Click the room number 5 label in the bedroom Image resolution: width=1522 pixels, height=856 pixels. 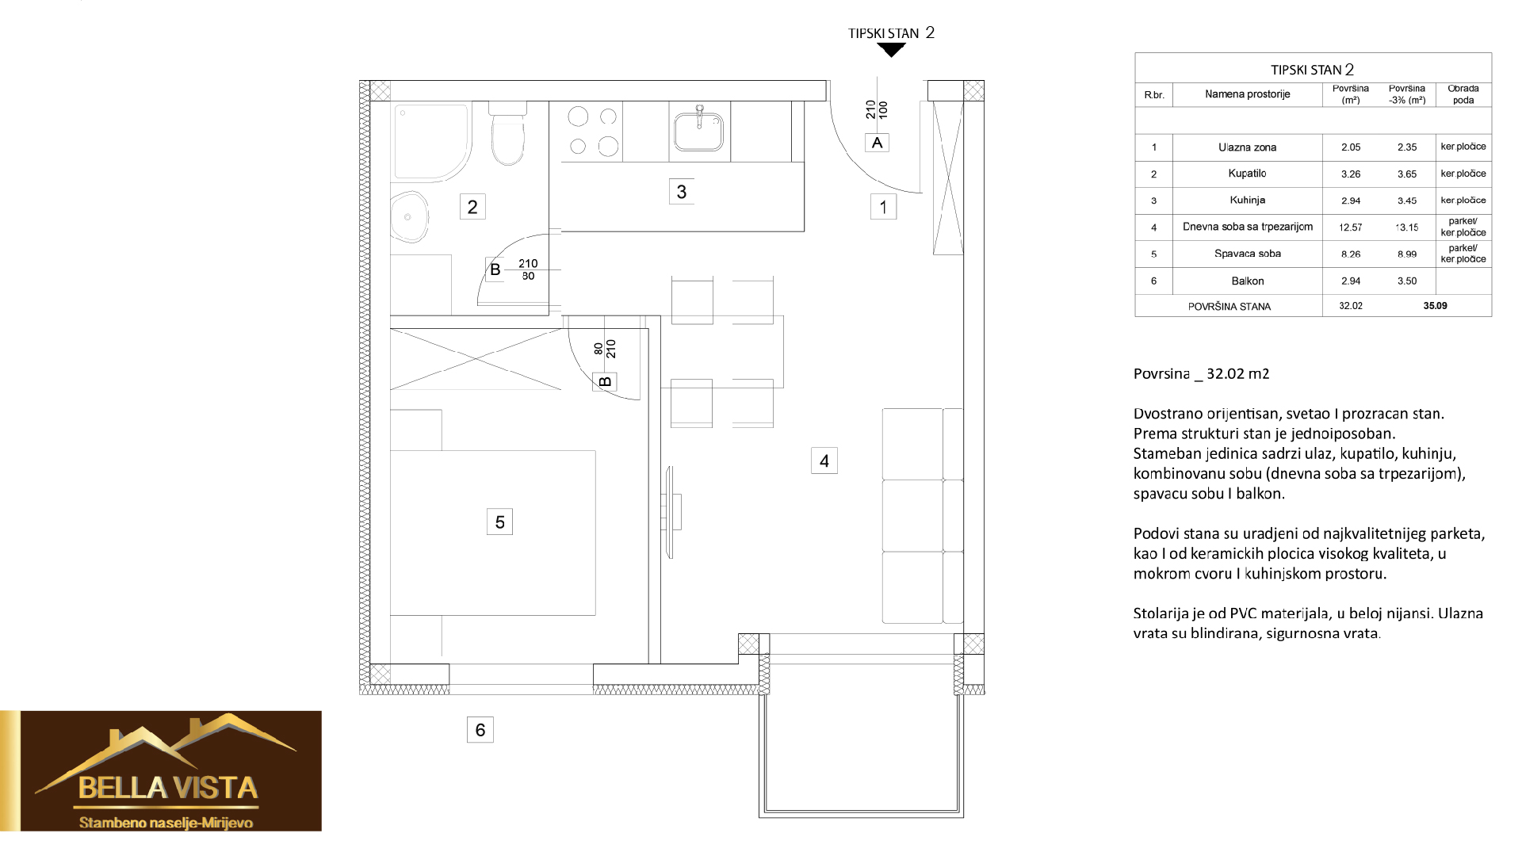pos(499,522)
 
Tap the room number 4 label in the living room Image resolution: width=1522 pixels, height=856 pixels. pos(824,460)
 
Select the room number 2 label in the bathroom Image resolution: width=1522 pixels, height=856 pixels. pos(472,207)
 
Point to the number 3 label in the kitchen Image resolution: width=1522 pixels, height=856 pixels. pos(682,192)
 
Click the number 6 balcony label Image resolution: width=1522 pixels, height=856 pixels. pos(480,729)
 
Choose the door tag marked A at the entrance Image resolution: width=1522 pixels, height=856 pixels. pos(877,143)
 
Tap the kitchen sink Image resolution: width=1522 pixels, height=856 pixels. pos(698,130)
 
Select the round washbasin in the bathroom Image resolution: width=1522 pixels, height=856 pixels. pos(409,216)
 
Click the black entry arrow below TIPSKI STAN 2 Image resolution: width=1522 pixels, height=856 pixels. pos(893,50)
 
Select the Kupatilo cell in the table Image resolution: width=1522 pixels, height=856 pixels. pos(1247,174)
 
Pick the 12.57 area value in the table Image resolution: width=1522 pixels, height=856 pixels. pos(1351,227)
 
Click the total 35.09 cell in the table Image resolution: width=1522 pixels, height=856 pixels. pos(1435,305)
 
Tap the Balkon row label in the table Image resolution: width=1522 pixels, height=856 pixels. pos(1247,281)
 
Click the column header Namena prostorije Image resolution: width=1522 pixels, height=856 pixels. pos(1248,94)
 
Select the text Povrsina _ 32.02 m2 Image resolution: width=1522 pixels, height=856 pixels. pos(1202,374)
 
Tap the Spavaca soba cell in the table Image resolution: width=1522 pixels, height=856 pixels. pos(1248,254)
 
